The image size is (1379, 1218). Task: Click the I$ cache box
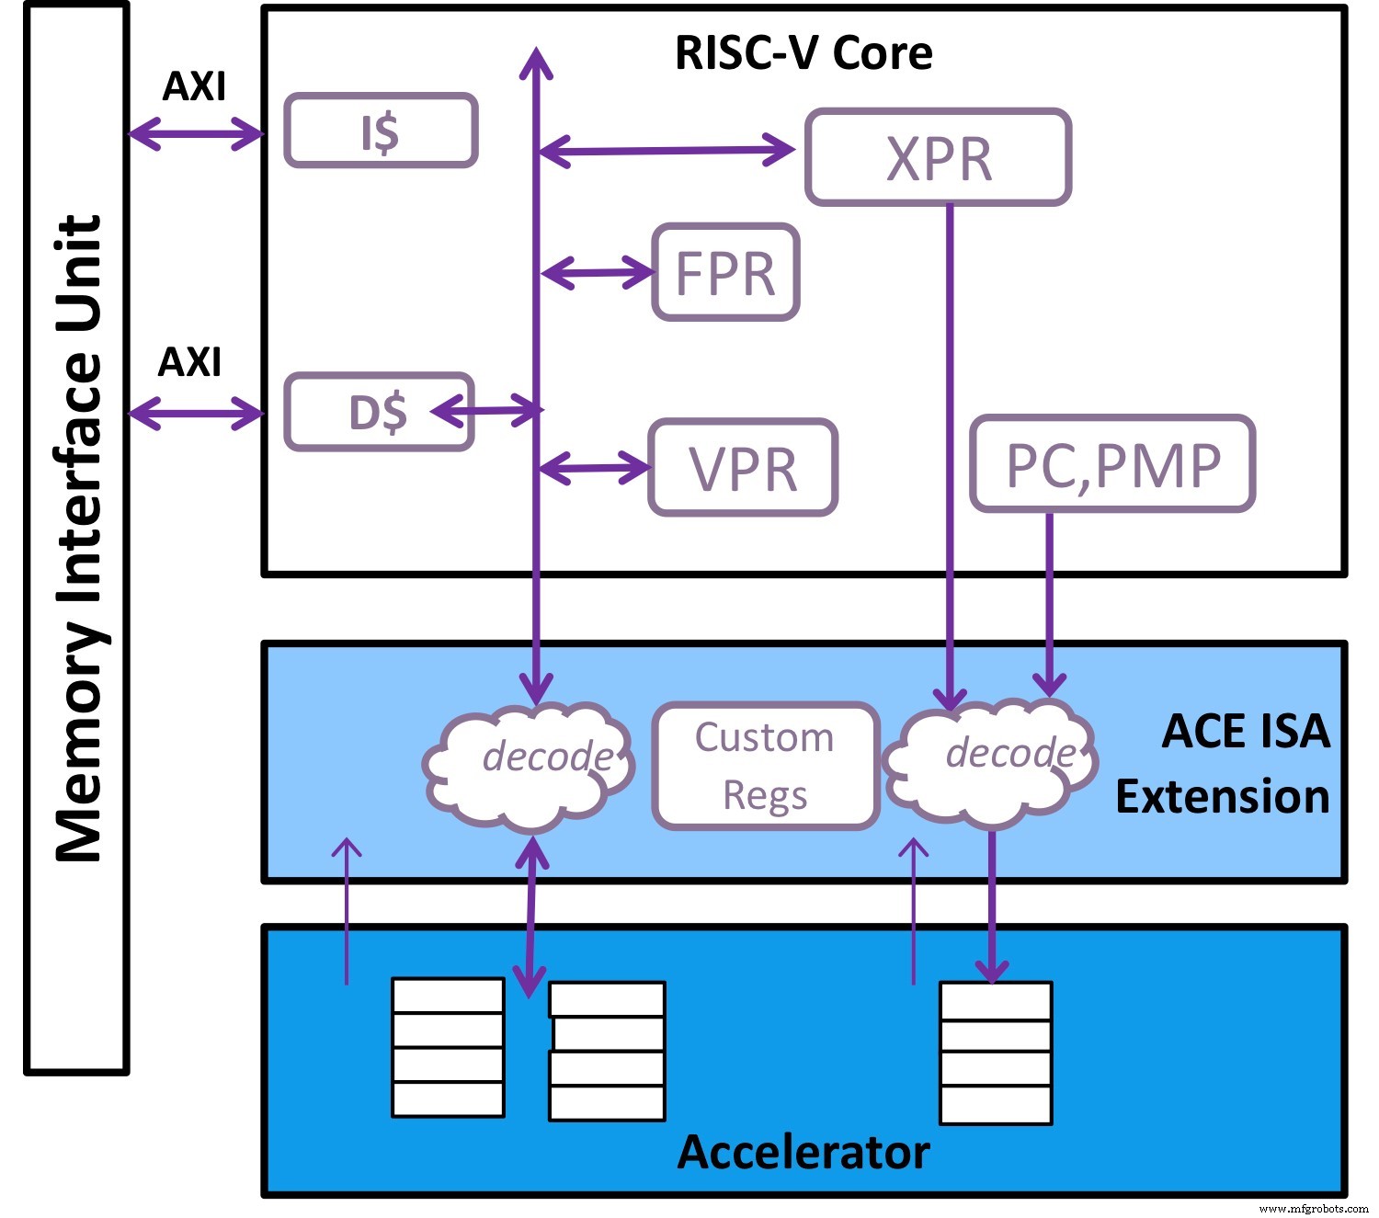click(381, 131)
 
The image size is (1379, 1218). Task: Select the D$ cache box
click(379, 412)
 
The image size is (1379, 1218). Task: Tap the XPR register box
click(939, 157)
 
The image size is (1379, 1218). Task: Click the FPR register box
click(725, 272)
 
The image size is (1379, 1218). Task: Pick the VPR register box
click(743, 467)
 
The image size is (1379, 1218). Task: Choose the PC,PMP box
click(1112, 464)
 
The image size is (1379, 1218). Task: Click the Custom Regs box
click(765, 766)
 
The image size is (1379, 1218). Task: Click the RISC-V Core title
click(803, 52)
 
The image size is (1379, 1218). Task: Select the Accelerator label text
click(803, 1152)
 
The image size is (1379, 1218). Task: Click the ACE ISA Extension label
click(1223, 764)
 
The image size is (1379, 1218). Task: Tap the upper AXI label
click(194, 86)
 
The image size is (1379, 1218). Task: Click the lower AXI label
click(190, 362)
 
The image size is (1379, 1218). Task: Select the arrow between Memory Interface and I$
click(196, 134)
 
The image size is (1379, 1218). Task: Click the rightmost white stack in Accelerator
click(996, 1053)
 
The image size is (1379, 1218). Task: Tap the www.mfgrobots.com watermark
click(1313, 1208)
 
